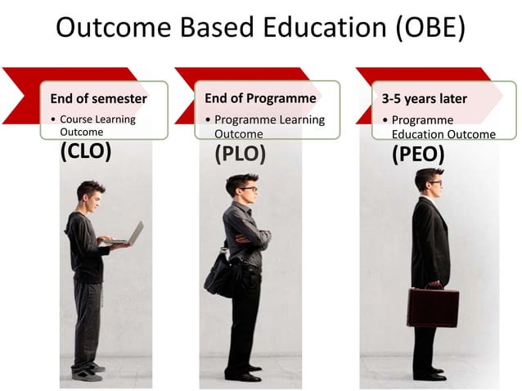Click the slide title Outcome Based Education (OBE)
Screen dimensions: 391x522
pyautogui.click(x=260, y=28)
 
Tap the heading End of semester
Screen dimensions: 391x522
pyautogui.click(x=98, y=99)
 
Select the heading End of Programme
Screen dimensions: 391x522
pyautogui.click(x=260, y=98)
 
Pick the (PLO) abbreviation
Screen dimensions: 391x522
pyautogui.click(x=240, y=154)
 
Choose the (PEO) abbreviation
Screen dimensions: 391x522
pyautogui.click(x=417, y=154)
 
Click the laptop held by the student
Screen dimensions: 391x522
pyautogui.click(x=131, y=235)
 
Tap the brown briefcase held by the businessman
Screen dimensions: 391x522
pyautogui.click(x=433, y=307)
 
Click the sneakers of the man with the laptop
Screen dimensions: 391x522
pyautogui.click(x=87, y=372)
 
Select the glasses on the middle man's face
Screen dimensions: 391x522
pyautogui.click(x=248, y=189)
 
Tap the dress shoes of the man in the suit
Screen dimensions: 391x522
pyautogui.click(x=430, y=374)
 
